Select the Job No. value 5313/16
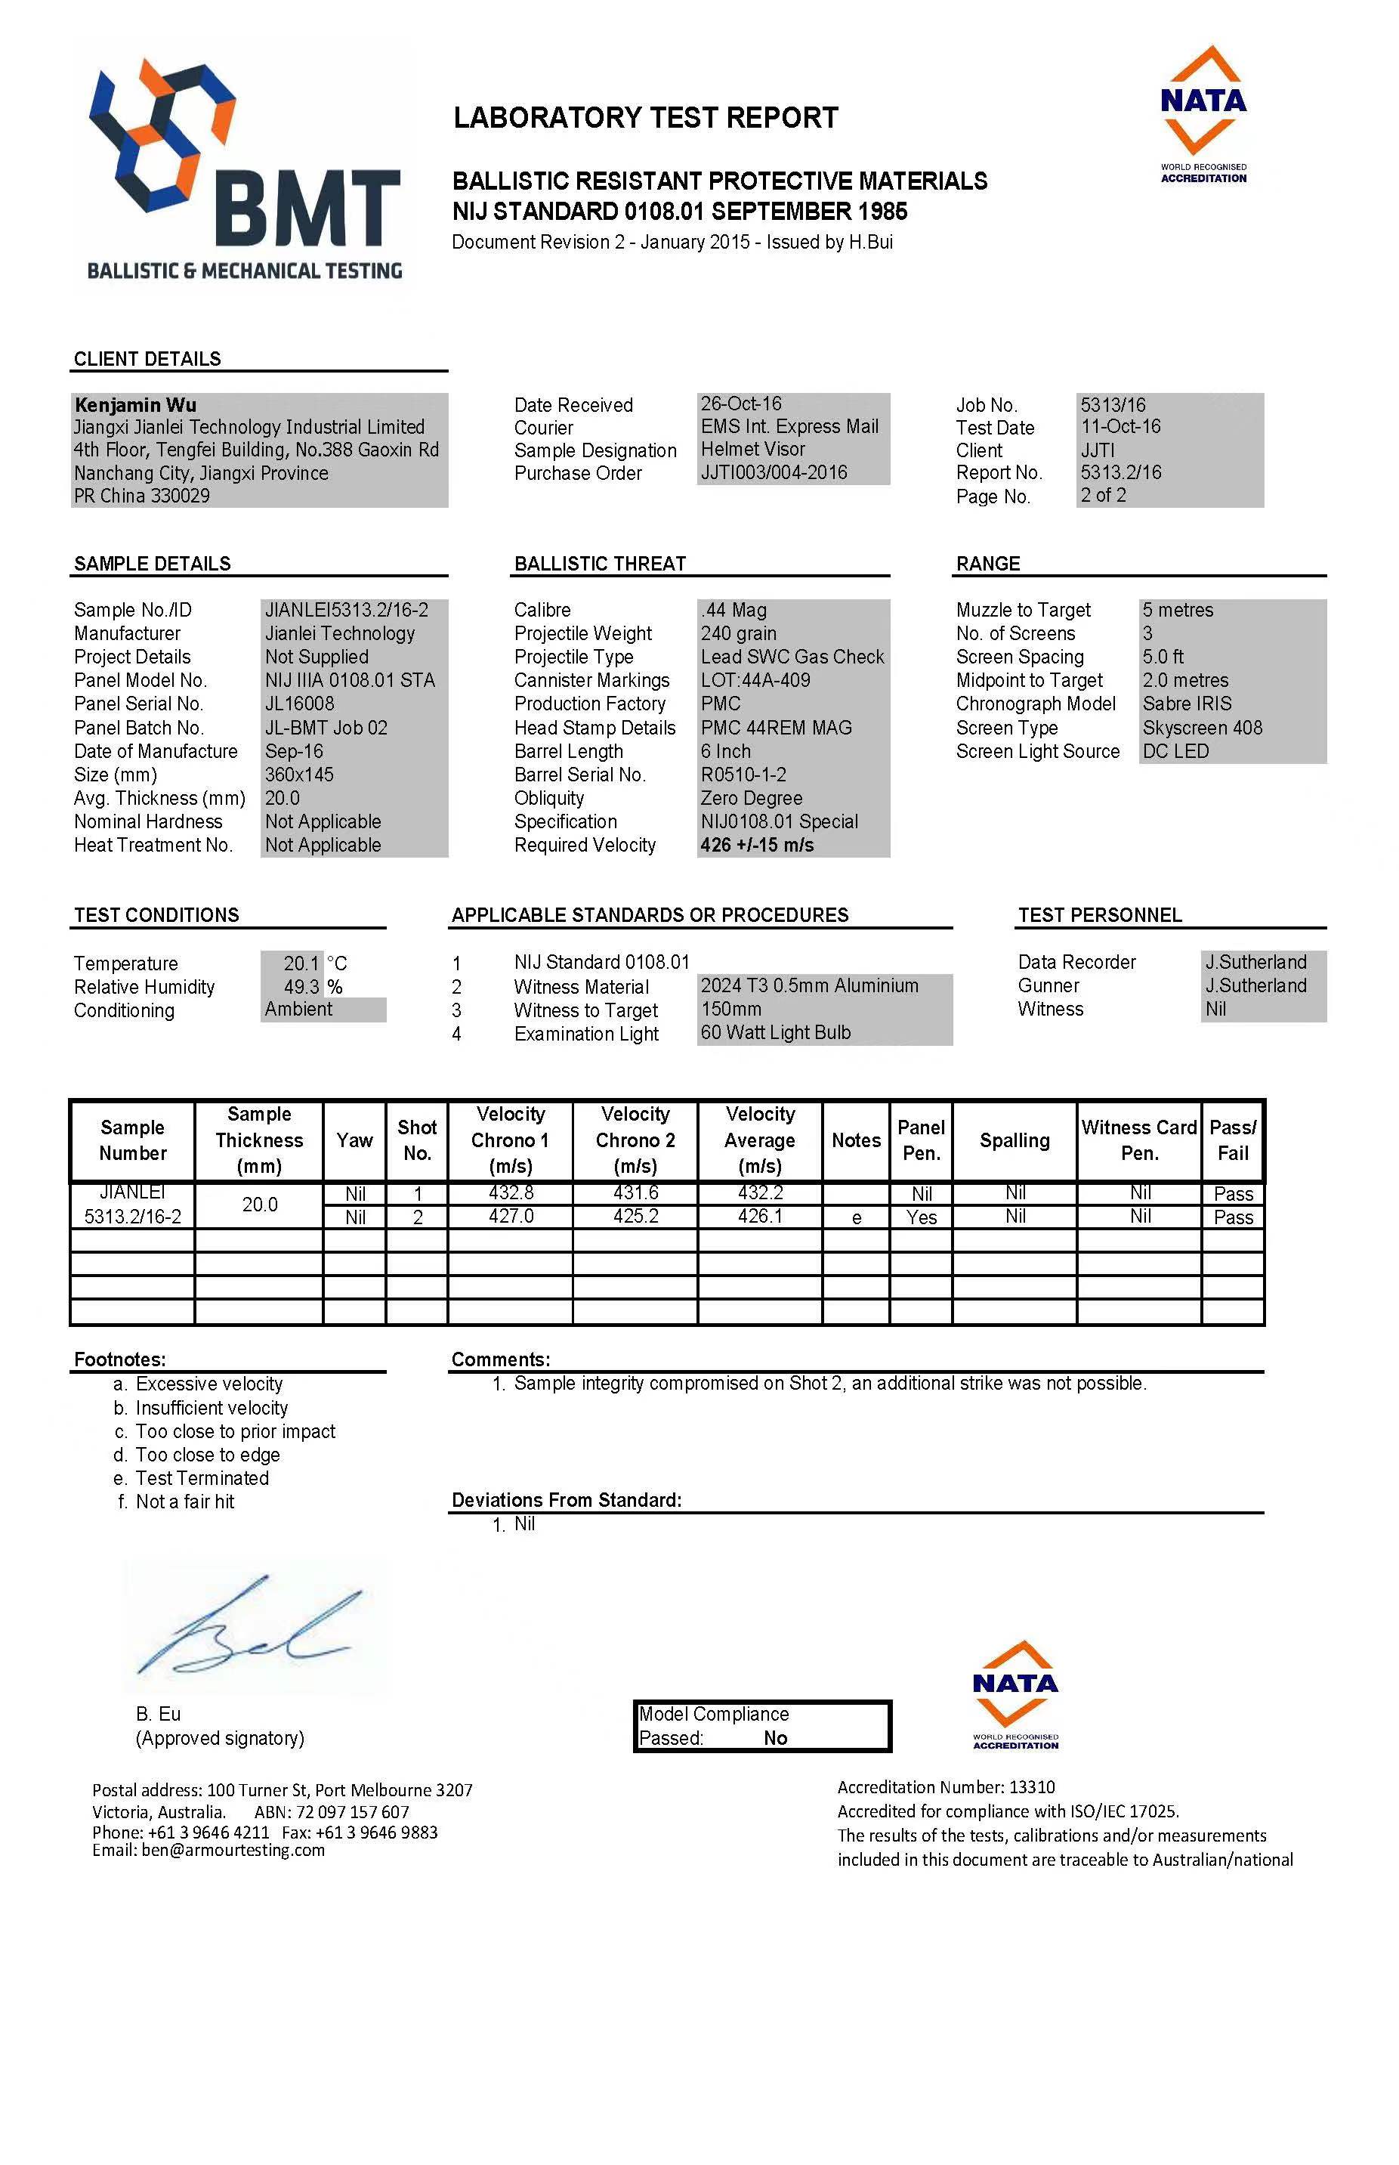pos(1113,405)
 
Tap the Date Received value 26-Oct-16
pos(740,404)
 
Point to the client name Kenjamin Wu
pos(135,405)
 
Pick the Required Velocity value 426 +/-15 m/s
pos(757,845)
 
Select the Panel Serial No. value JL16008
pos(299,704)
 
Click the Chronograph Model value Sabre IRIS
pos(1187,704)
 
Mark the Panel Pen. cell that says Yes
pos(921,1217)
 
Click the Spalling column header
pos(1014,1140)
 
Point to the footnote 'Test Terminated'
pos(202,1478)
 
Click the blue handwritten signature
pos(246,1631)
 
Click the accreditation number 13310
pos(1032,1787)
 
